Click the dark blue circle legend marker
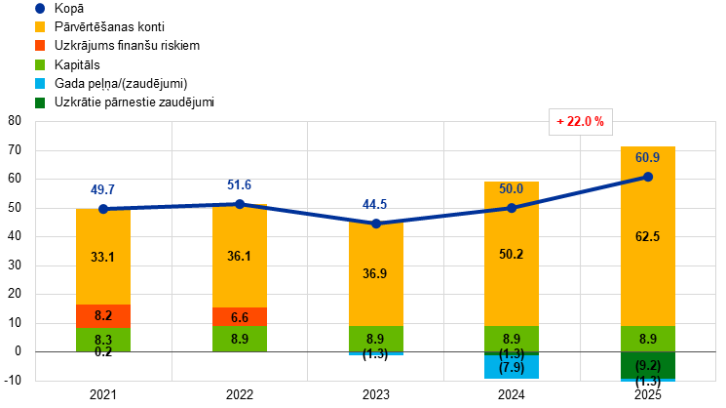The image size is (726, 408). (x=40, y=8)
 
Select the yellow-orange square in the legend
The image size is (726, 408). (x=40, y=26)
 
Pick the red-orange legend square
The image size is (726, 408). (x=40, y=45)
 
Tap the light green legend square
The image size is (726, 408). (x=40, y=64)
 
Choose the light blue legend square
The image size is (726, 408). (x=40, y=83)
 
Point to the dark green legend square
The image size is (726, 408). (x=40, y=102)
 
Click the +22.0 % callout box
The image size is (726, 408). (x=581, y=122)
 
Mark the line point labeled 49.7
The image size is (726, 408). (x=103, y=208)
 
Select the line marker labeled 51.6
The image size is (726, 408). (x=240, y=204)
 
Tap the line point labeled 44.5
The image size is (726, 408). (x=376, y=223)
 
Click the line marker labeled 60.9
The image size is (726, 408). (x=648, y=177)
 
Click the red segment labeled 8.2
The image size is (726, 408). (x=103, y=315)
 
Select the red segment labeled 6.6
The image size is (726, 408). (x=240, y=316)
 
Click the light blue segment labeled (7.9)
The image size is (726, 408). (x=512, y=367)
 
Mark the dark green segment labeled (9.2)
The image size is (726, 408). (x=648, y=365)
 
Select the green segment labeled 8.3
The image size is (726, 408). (x=103, y=338)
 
